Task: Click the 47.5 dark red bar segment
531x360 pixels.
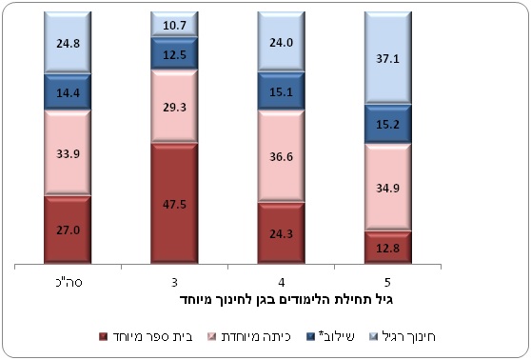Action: tap(174, 203)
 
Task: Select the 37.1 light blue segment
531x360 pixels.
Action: tap(387, 58)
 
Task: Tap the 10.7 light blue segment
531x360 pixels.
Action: tap(174, 24)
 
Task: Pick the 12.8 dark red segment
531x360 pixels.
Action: tap(387, 248)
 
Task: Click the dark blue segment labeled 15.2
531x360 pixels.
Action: tap(387, 124)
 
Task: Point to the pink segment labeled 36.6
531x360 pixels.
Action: tap(281, 156)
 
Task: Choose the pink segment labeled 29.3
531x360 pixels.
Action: tap(174, 107)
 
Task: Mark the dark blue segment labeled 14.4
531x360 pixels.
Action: tap(68, 91)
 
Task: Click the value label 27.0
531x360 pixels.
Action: tap(69, 230)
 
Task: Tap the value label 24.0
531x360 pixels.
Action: tap(282, 42)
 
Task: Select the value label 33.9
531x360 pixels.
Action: tap(69, 154)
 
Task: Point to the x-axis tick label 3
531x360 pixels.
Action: tap(174, 282)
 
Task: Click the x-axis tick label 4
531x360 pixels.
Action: tap(282, 282)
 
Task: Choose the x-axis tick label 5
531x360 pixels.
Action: tap(387, 282)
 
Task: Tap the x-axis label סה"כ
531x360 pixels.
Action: tap(69, 282)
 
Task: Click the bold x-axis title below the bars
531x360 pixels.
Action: tap(286, 300)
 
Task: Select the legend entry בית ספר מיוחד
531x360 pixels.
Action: tap(146, 336)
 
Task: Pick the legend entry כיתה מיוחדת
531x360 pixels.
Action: tap(249, 336)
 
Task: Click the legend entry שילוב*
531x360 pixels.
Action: tap(329, 336)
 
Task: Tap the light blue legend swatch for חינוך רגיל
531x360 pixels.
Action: tap(372, 336)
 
